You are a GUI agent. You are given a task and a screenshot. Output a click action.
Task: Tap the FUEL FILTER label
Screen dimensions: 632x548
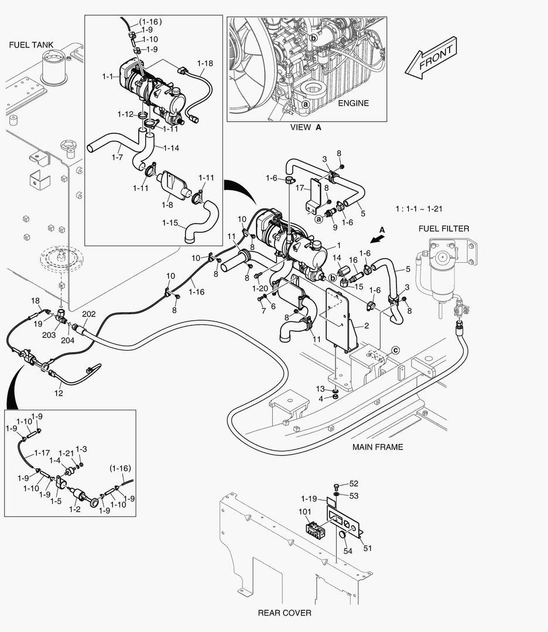coord(443,228)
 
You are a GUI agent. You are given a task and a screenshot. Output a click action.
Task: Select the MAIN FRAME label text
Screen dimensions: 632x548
coord(377,447)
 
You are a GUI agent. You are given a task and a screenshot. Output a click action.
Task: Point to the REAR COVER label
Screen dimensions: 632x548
coord(285,613)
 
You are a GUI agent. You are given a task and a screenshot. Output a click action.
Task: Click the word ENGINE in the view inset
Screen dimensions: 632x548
coord(353,103)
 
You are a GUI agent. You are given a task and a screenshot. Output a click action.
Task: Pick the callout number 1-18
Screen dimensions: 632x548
coord(205,62)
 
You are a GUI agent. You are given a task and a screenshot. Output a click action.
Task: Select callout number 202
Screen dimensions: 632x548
coord(88,314)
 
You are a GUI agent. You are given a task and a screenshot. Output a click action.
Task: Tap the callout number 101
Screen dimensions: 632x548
coord(304,511)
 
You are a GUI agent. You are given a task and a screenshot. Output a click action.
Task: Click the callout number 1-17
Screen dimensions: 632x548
coord(42,452)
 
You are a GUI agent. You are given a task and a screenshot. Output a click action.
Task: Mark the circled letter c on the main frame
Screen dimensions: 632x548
coord(395,350)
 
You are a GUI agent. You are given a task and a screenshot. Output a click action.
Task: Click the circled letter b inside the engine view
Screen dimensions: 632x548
coord(314,38)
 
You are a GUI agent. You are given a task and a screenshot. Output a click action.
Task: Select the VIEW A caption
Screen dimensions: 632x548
coord(306,126)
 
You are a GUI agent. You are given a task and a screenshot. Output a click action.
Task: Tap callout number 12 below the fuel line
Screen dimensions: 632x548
coord(59,393)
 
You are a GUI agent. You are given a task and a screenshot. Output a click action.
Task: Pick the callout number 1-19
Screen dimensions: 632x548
coord(309,499)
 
